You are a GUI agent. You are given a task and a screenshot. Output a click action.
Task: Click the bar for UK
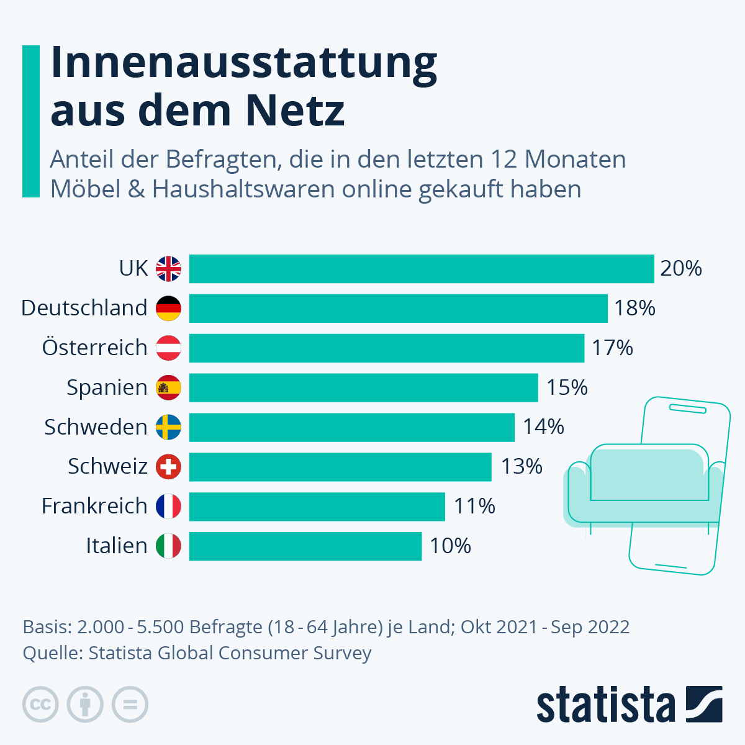tap(422, 269)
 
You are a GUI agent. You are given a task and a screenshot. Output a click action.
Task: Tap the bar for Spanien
tap(363, 387)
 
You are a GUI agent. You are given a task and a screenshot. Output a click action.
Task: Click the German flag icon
tap(168, 308)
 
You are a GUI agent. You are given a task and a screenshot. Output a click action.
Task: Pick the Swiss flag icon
tap(168, 466)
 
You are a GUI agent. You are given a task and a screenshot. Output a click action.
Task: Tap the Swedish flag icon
tap(168, 427)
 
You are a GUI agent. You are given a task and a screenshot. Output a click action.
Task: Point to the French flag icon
tap(168, 506)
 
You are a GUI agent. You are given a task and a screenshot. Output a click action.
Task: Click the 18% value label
tap(634, 308)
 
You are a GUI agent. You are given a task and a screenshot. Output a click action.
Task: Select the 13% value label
tap(521, 466)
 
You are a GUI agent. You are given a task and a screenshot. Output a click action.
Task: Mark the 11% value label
tap(474, 506)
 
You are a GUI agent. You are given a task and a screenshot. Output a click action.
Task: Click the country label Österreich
tap(94, 348)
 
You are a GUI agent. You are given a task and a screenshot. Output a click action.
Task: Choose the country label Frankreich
tap(94, 506)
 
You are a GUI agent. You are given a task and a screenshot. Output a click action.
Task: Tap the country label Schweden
tap(96, 427)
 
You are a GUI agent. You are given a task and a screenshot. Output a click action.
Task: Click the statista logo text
tap(605, 705)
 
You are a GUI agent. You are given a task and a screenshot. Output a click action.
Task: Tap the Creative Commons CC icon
tap(40, 705)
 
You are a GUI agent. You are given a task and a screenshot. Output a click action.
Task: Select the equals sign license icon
tap(130, 705)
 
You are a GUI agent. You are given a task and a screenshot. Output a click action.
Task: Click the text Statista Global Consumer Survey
tap(230, 653)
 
